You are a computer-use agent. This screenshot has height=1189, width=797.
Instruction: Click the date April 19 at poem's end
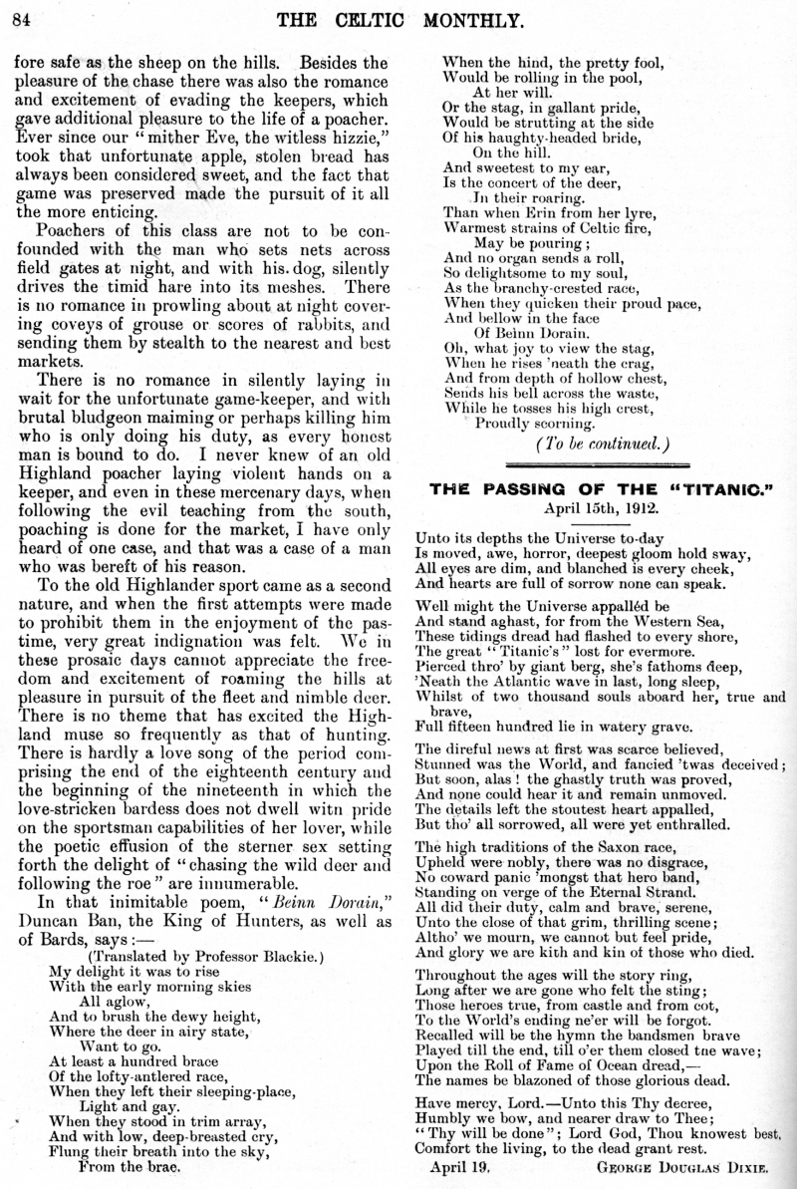coord(459,1165)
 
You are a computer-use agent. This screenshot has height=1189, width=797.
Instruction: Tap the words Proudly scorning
coord(535,423)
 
